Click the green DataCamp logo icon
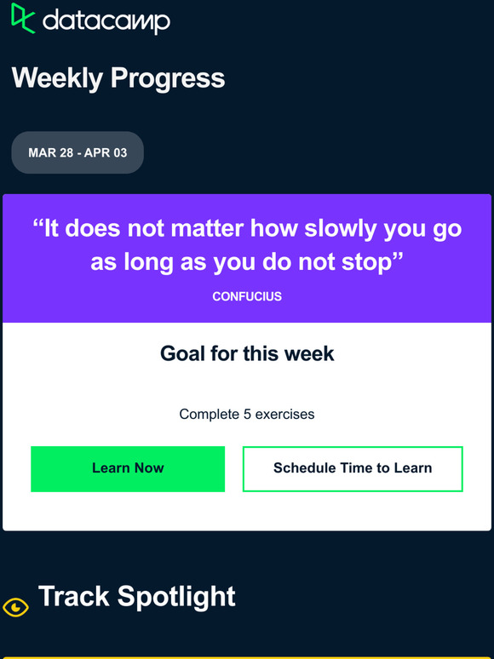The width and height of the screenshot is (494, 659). pyautogui.click(x=23, y=18)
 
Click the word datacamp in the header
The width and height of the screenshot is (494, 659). pyautogui.click(x=106, y=22)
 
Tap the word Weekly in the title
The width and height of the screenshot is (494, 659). pyautogui.click(x=57, y=78)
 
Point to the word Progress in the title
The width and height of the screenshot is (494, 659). pyautogui.click(x=168, y=78)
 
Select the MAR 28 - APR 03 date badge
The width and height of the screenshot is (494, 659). pyautogui.click(x=78, y=152)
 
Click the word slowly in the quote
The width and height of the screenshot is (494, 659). pyautogui.click(x=340, y=230)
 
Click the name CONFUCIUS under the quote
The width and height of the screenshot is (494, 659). pyautogui.click(x=247, y=296)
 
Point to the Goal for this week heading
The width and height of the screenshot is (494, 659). pyautogui.click(x=247, y=353)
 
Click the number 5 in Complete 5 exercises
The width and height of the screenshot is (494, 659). pyautogui.click(x=247, y=415)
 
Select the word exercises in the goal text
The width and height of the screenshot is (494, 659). pyautogui.click(x=284, y=415)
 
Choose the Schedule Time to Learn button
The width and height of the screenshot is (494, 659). pyautogui.click(x=353, y=468)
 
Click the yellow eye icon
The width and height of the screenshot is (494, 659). pyautogui.click(x=15, y=607)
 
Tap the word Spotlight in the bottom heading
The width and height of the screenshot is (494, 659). pyautogui.click(x=176, y=597)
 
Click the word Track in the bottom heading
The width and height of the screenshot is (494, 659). pyautogui.click(x=74, y=596)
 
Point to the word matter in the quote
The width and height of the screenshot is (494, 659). pyautogui.click(x=207, y=230)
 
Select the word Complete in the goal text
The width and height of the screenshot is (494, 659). pyautogui.click(x=210, y=415)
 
